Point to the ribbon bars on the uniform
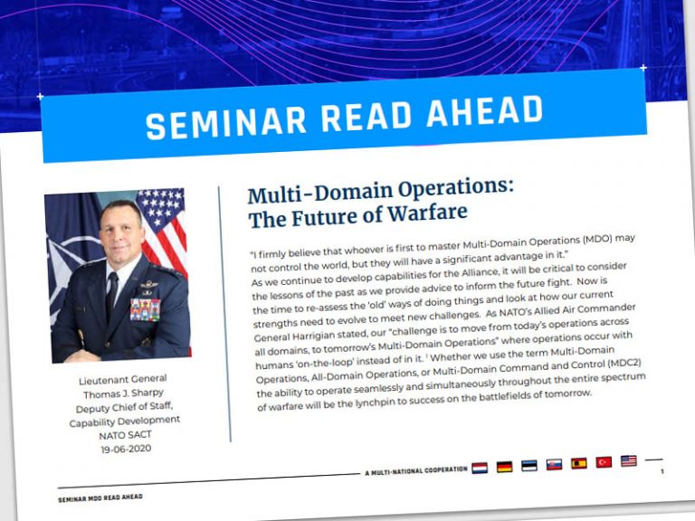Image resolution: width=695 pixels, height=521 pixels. point(146,309)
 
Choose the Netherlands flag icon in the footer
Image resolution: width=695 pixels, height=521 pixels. point(480,469)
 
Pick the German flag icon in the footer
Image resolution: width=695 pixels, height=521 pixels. point(504,467)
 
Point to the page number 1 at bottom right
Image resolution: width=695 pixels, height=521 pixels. point(662,471)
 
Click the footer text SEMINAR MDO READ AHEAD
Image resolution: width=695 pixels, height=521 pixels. point(100,497)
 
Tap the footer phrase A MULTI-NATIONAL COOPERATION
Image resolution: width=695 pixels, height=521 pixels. point(415,471)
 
